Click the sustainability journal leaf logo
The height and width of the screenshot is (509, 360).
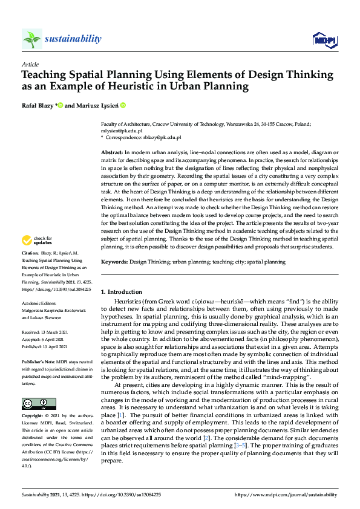pyautogui.click(x=32, y=39)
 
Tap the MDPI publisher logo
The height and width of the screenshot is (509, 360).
pyautogui.click(x=323, y=40)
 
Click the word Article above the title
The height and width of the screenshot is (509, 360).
pyautogui.click(x=30, y=63)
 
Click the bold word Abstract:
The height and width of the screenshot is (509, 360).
pyautogui.click(x=112, y=152)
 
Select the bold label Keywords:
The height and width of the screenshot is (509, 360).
pyautogui.click(x=114, y=262)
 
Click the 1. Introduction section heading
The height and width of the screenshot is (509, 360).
pyautogui.click(x=122, y=291)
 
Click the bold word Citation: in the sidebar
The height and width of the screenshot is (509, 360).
pyautogui.click(x=30, y=270)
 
